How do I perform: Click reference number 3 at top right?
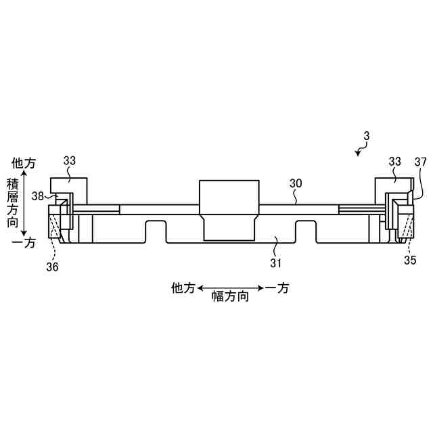367,136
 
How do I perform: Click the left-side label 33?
69,161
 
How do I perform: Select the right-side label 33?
394,162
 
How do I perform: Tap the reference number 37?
421,162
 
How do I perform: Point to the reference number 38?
38,196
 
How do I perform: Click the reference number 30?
296,183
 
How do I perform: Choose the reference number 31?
275,263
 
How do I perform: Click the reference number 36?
52,267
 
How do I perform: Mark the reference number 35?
410,260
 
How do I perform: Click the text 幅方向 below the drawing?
230,296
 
